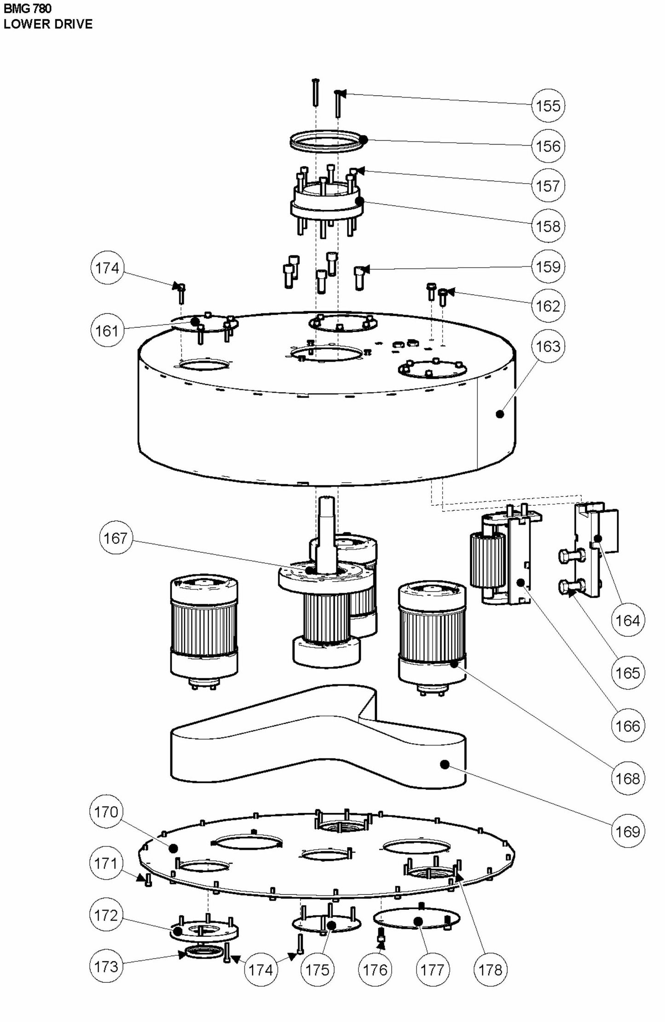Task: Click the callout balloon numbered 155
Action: tap(548, 106)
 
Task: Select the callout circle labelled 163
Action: tap(548, 346)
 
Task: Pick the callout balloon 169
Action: tap(628, 831)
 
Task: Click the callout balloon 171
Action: tap(106, 863)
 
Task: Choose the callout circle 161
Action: tap(107, 330)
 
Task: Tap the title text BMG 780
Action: tap(28, 8)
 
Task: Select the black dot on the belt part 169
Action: tap(444, 764)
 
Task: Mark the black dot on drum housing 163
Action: tap(500, 414)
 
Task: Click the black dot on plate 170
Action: tap(173, 848)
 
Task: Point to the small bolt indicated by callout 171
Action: tap(148, 880)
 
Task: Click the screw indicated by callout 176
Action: tap(381, 935)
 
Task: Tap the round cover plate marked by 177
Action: tap(416, 921)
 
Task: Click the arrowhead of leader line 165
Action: tap(572, 594)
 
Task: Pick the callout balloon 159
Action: tap(548, 266)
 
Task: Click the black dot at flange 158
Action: tap(360, 201)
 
